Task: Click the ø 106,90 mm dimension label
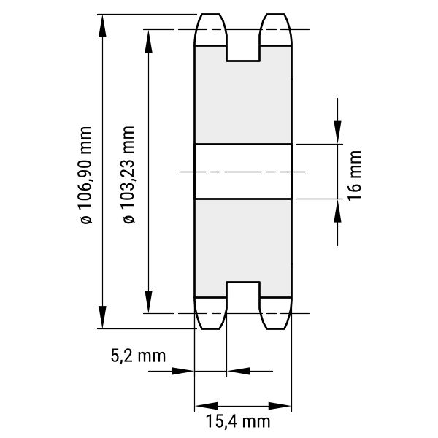tap(85, 175)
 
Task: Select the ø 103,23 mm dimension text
tap(128, 174)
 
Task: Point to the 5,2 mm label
tap(138, 356)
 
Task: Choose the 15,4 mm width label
tap(238, 421)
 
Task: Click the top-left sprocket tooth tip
tap(211, 14)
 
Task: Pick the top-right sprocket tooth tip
tap(275, 14)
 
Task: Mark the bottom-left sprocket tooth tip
tap(211, 328)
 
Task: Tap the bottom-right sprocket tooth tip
tap(275, 328)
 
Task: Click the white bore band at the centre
tap(243, 172)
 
